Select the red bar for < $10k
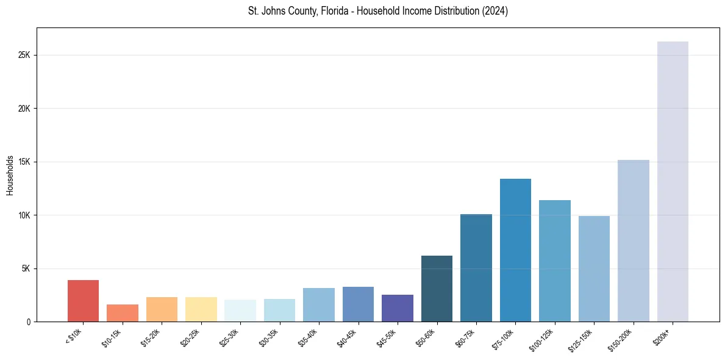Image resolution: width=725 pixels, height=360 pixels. pos(83,301)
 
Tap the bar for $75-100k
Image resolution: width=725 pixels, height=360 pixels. pos(515,250)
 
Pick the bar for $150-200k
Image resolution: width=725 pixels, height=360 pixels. pos(633,240)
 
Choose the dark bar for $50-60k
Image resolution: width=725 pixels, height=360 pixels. pos(437,289)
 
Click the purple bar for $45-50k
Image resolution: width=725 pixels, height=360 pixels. pos(398,308)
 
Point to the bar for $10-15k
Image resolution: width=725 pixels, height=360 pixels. pos(123,313)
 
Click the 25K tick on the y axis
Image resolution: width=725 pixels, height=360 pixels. pos(24,55)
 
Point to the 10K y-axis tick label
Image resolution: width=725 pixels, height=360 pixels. pos(24,215)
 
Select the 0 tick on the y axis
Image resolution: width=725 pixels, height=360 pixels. pos(28,322)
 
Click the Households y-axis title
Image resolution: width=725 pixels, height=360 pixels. pos(10,175)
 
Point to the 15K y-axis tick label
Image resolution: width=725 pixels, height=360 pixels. pos(24,162)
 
